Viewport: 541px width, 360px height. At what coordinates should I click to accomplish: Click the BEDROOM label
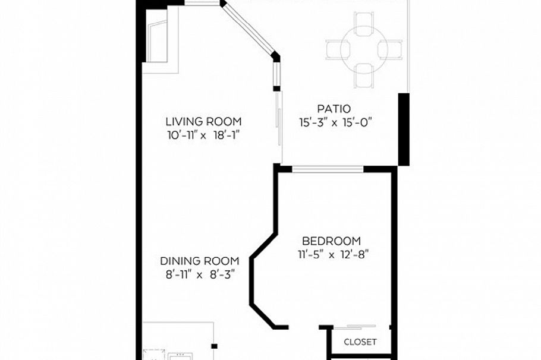point(331,241)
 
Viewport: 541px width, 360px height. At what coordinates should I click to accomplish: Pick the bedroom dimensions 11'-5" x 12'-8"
point(338,254)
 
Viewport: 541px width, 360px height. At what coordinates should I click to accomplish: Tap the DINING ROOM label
point(199,261)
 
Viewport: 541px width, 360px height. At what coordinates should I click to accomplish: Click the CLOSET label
point(360,342)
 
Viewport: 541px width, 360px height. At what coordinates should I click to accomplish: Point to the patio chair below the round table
point(364,74)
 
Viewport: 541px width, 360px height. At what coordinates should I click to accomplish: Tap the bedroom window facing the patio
point(328,169)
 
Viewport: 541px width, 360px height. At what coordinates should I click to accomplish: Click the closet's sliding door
point(355,327)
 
